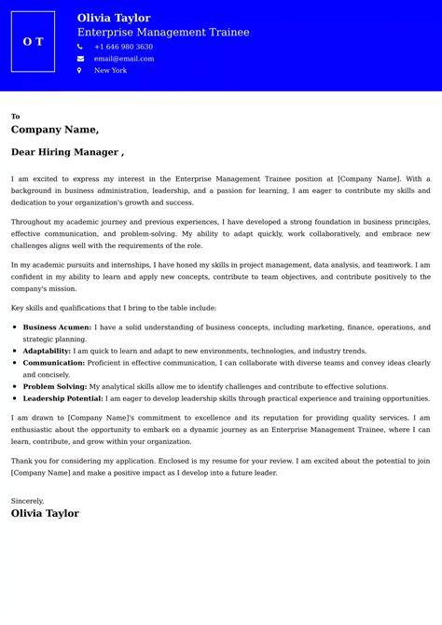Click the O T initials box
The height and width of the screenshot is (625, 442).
coord(33,42)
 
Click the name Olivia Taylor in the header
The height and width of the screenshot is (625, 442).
coord(114,18)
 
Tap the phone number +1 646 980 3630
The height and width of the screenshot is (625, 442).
coord(123,47)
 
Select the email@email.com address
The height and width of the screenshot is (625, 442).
coord(124,59)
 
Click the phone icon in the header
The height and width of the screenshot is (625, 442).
coord(80,47)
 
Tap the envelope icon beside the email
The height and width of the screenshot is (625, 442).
coord(80,59)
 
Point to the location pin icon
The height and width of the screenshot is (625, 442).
coord(80,71)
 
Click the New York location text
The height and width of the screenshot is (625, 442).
coord(110,71)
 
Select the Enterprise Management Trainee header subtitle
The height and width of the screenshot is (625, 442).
coord(163,32)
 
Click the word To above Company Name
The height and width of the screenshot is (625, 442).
coord(15,117)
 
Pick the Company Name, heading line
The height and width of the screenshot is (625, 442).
coord(55,130)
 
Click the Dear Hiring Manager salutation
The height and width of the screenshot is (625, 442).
coord(67,152)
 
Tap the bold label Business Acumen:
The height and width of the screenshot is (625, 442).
coord(57,327)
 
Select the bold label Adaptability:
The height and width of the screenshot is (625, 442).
coord(47,351)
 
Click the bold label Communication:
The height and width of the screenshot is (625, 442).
coord(54,363)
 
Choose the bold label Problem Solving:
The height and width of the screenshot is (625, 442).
coord(55,386)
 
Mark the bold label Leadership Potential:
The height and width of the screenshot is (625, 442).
coord(62,397)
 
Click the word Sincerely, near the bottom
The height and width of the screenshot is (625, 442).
coord(27,501)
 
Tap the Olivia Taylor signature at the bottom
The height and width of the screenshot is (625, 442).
coord(45,513)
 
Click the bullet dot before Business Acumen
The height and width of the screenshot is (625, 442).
coord(15,327)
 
